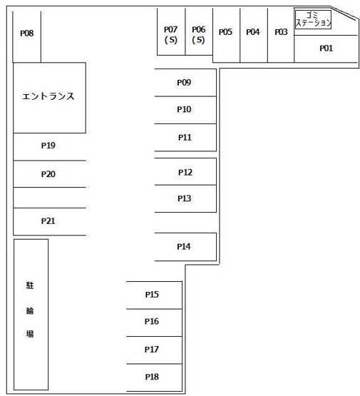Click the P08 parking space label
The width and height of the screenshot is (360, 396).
click(27, 33)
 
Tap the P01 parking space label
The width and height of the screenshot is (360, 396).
click(326, 49)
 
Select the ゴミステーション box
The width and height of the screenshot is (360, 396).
click(313, 19)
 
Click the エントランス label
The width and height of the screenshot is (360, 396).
click(48, 96)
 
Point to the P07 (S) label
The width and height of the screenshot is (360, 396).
click(171, 34)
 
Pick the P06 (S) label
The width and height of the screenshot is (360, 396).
click(199, 34)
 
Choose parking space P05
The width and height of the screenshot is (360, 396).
click(226, 35)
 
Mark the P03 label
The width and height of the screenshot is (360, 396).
click(281, 32)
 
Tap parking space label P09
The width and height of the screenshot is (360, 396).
click(184, 83)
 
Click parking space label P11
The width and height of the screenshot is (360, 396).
click(185, 138)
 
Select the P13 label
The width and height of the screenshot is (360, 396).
click(185, 198)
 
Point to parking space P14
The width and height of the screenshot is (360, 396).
click(185, 247)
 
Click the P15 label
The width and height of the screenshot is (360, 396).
click(152, 295)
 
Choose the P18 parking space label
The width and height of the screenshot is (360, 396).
click(152, 377)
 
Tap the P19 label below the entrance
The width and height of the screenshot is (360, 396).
click(48, 146)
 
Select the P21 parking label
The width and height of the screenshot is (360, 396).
click(48, 221)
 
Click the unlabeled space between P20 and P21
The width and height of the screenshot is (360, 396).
click(49, 198)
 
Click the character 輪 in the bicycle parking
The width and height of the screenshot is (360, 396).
click(30, 310)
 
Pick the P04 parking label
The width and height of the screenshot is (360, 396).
click(253, 32)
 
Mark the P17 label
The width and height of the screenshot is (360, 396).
click(152, 350)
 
